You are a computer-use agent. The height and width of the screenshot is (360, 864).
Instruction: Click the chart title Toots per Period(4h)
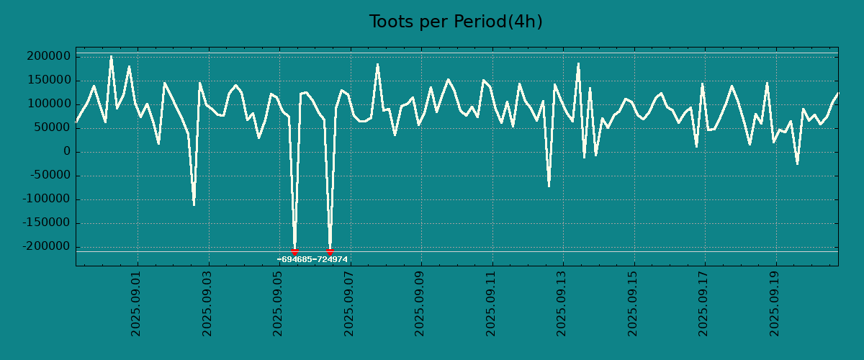pos(456,22)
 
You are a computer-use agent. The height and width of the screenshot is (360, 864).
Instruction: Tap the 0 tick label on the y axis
pos(66,152)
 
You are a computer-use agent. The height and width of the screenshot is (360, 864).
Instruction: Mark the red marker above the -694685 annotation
pos(294,251)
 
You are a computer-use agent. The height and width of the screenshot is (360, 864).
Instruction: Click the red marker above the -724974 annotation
pos(330,251)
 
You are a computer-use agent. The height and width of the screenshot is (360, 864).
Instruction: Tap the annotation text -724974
pos(330,259)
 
